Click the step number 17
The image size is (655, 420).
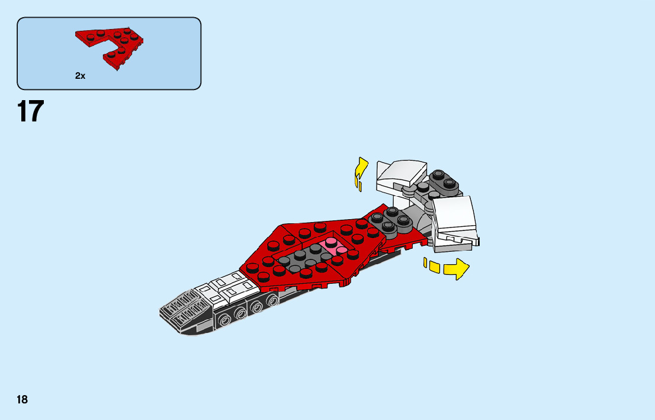pyautogui.click(x=30, y=111)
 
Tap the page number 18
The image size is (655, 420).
pyautogui.click(x=22, y=400)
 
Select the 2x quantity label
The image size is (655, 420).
pyautogui.click(x=80, y=76)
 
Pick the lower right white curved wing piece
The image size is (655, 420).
pyautogui.click(x=455, y=220)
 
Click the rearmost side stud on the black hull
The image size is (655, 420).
pyautogui.click(x=273, y=302)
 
